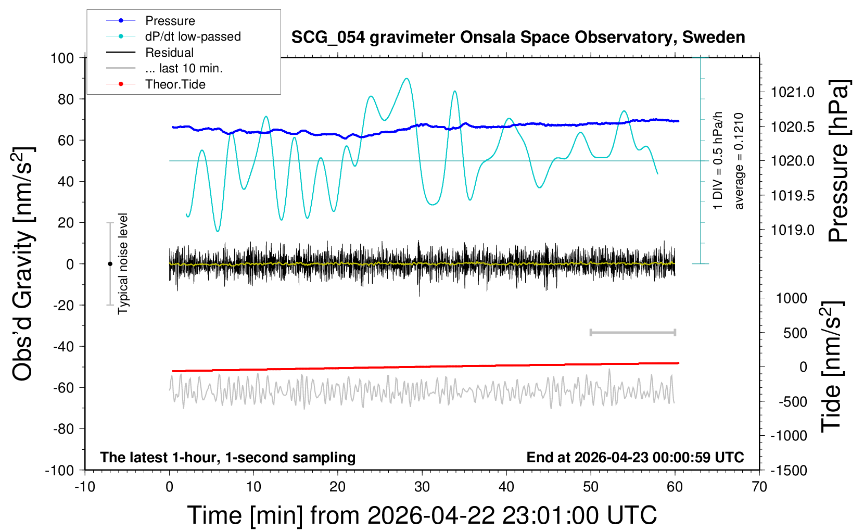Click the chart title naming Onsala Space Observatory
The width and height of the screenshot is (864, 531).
tap(518, 37)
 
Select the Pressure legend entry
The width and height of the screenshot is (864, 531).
tap(170, 21)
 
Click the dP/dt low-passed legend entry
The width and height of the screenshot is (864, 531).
tap(193, 36)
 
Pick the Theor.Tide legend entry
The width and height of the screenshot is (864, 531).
tap(175, 84)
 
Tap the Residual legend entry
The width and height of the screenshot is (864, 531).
tap(169, 53)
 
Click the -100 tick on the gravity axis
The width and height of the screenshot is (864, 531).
tap(59, 470)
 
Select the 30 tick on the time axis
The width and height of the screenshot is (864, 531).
tap(422, 487)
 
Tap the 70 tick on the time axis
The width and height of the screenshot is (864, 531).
tap(759, 487)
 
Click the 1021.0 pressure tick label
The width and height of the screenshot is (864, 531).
tap(793, 92)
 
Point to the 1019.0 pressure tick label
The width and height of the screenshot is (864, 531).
tap(793, 230)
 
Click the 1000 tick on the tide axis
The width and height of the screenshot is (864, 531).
tap(792, 298)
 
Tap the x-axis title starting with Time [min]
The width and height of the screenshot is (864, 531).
tap(422, 515)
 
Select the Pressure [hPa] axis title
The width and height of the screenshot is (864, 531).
tap(838, 161)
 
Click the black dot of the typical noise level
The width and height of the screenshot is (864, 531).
tap(110, 264)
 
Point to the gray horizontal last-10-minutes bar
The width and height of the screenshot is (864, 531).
tap(632, 332)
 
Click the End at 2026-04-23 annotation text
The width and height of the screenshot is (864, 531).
tap(635, 457)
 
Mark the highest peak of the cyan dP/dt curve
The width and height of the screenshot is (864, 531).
tap(406, 79)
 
